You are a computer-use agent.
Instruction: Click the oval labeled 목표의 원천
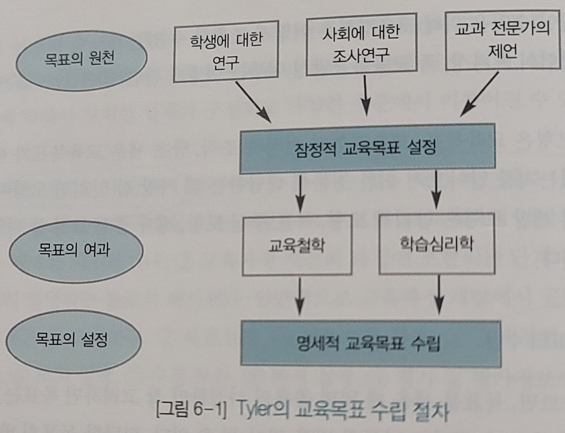tap(81, 60)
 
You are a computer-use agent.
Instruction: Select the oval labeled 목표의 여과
tap(75, 250)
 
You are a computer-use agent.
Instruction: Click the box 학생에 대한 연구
tap(226, 52)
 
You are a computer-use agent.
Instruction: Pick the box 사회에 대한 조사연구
tap(361, 44)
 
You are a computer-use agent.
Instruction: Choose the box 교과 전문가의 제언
tap(502, 40)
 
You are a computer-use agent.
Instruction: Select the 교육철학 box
tap(297, 245)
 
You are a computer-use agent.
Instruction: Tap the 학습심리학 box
tap(436, 244)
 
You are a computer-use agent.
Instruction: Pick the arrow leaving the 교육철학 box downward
tap(300, 296)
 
